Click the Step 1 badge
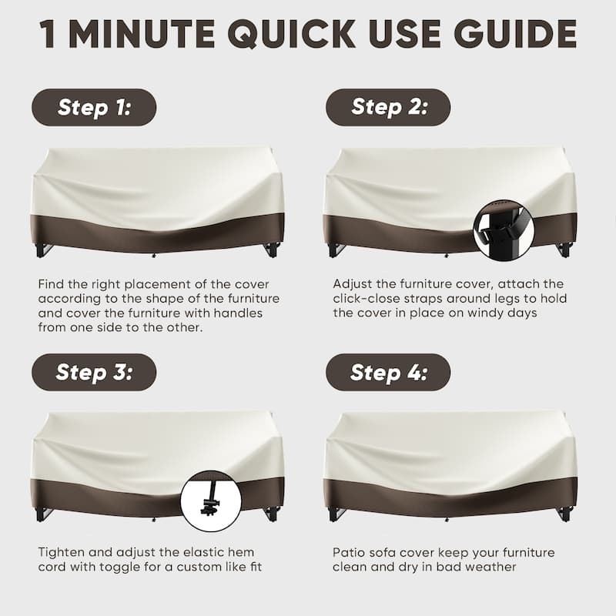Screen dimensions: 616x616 94,107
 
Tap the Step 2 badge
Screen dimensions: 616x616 388,107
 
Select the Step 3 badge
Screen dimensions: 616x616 94,372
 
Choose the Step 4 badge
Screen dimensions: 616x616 388,372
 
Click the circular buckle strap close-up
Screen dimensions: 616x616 504,229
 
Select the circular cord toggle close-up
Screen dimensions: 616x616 211,501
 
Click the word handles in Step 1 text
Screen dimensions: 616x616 238,313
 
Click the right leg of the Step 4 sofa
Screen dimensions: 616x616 565,514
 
